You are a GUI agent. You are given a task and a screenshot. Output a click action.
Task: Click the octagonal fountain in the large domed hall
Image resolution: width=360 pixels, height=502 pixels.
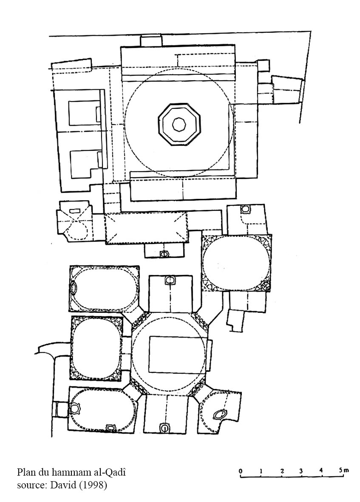click(179, 125)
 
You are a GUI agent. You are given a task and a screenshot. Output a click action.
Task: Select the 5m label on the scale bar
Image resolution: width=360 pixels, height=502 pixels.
click(344, 470)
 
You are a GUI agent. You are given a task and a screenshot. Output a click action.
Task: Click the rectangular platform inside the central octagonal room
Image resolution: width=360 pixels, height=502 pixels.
click(177, 354)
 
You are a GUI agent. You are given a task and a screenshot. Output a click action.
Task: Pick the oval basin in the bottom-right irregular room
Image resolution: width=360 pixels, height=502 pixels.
click(220, 414)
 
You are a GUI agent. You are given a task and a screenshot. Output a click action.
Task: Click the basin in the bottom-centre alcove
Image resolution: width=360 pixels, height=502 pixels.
click(164, 428)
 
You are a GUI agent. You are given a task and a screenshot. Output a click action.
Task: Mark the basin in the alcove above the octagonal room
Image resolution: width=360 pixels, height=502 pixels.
click(170, 281)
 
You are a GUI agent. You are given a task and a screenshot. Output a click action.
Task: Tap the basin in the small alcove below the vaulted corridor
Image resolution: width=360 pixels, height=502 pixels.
click(164, 254)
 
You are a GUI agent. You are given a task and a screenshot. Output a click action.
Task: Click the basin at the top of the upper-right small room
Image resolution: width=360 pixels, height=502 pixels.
click(245, 210)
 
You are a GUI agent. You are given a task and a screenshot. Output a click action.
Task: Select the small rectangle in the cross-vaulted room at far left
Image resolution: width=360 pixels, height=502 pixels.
click(74, 210)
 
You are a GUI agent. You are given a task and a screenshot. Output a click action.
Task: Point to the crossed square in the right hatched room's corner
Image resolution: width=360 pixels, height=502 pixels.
click(265, 286)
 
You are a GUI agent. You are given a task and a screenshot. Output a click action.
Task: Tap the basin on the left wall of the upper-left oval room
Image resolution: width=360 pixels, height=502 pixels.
click(74, 287)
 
